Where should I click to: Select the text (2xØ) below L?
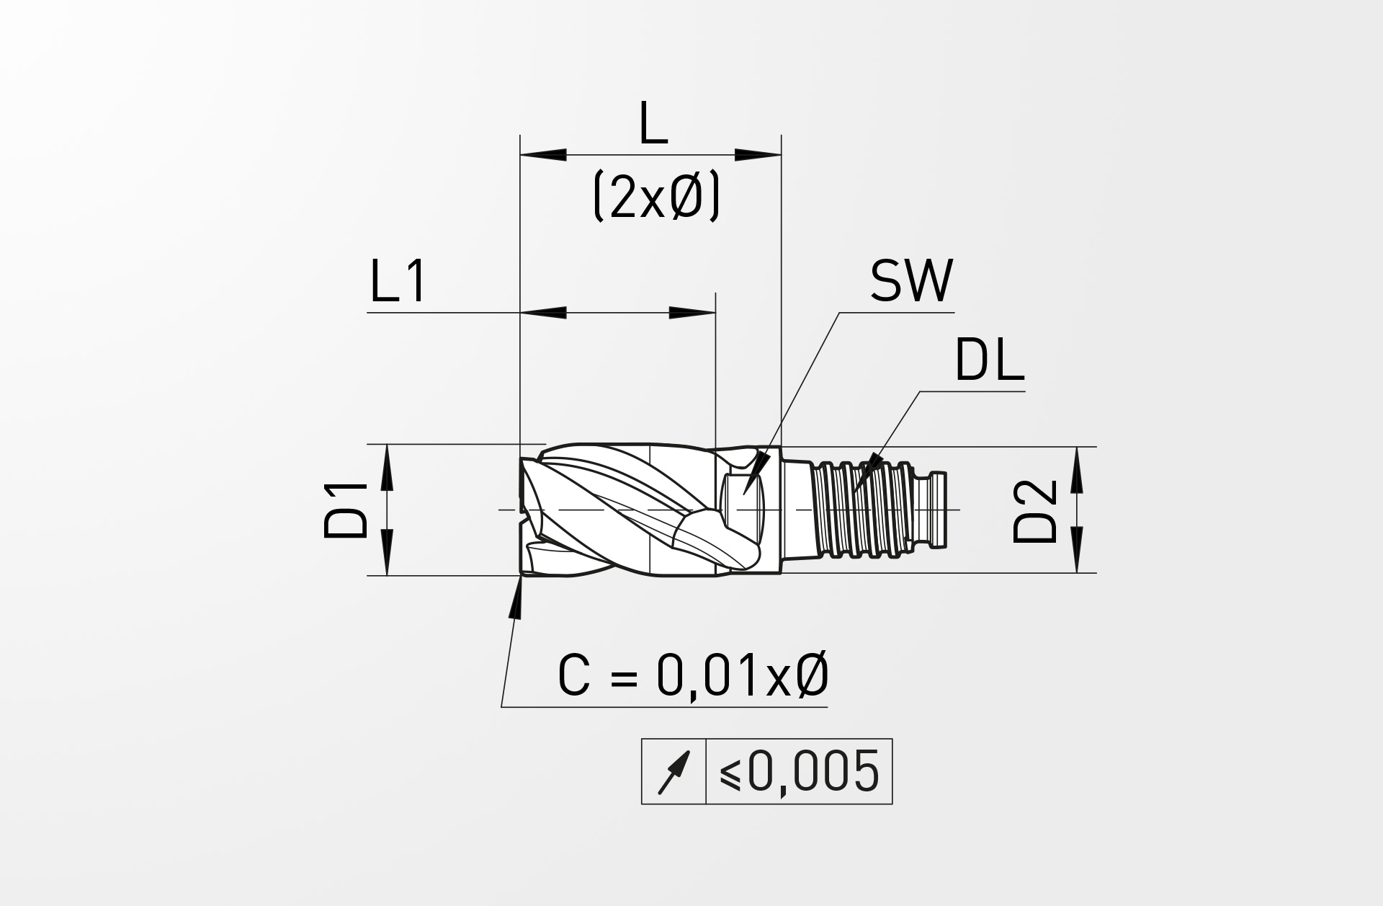pyautogui.click(x=656, y=198)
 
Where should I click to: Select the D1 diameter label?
pyautogui.click(x=346, y=510)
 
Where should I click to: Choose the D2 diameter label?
pyautogui.click(x=1035, y=511)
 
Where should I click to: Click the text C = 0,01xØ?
pyautogui.click(x=693, y=676)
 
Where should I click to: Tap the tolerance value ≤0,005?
pyautogui.click(x=800, y=771)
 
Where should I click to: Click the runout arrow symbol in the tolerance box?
pyautogui.click(x=674, y=772)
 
